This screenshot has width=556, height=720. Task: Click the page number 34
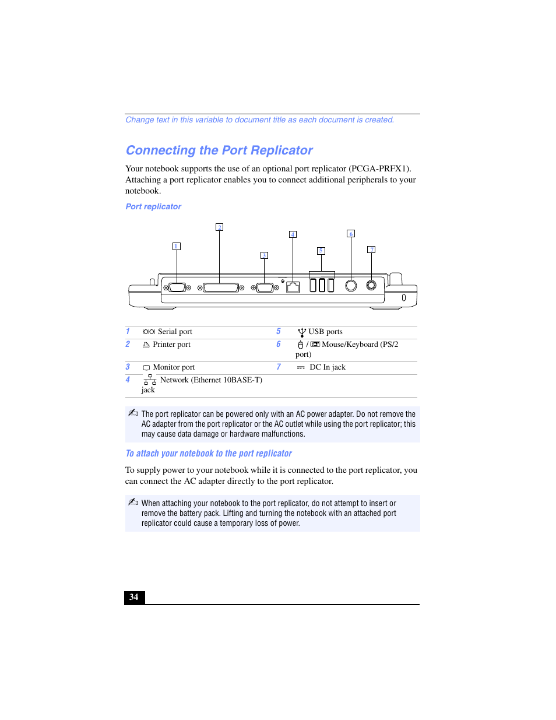(134, 597)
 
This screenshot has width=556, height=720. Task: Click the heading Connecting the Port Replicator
(219, 150)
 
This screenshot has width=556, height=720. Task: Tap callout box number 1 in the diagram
(177, 246)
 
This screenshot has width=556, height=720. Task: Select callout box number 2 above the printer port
(219, 227)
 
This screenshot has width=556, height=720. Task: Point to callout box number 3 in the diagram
(264, 255)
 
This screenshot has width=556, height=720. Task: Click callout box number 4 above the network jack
(293, 234)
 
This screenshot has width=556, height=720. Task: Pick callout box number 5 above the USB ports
(321, 251)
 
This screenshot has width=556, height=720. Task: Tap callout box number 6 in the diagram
(350, 234)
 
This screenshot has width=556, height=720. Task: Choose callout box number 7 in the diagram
(371, 250)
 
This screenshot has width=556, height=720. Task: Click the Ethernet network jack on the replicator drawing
(293, 287)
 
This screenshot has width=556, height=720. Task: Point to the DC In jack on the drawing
(371, 285)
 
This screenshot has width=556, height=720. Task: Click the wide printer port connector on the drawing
(221, 287)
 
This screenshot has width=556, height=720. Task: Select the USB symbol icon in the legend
(302, 332)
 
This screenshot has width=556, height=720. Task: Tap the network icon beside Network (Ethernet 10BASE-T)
(150, 380)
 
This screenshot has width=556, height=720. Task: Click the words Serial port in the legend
(175, 332)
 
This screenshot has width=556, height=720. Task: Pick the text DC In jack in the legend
(328, 367)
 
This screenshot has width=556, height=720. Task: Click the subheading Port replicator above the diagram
(153, 206)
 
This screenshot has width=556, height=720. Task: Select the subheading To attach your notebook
(209, 454)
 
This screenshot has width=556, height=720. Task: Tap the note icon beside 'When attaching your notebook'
(133, 502)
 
